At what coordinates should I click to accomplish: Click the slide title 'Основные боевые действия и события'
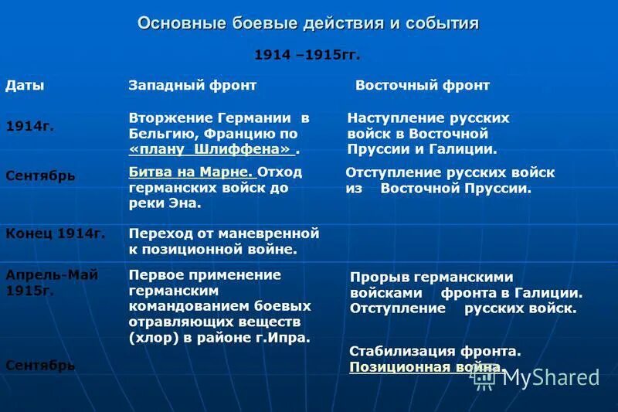[x=308, y=23]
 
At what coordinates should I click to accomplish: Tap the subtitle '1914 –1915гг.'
[x=307, y=56]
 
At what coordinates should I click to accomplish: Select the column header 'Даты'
[x=25, y=86]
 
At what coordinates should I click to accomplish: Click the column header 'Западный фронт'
[x=192, y=86]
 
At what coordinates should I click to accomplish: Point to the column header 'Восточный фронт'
[x=423, y=86]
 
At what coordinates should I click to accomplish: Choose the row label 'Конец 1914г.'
[x=56, y=232]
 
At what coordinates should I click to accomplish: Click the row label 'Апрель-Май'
[x=52, y=275]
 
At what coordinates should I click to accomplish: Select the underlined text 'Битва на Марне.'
[x=192, y=172]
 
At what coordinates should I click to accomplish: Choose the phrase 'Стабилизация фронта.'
[x=435, y=351]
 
